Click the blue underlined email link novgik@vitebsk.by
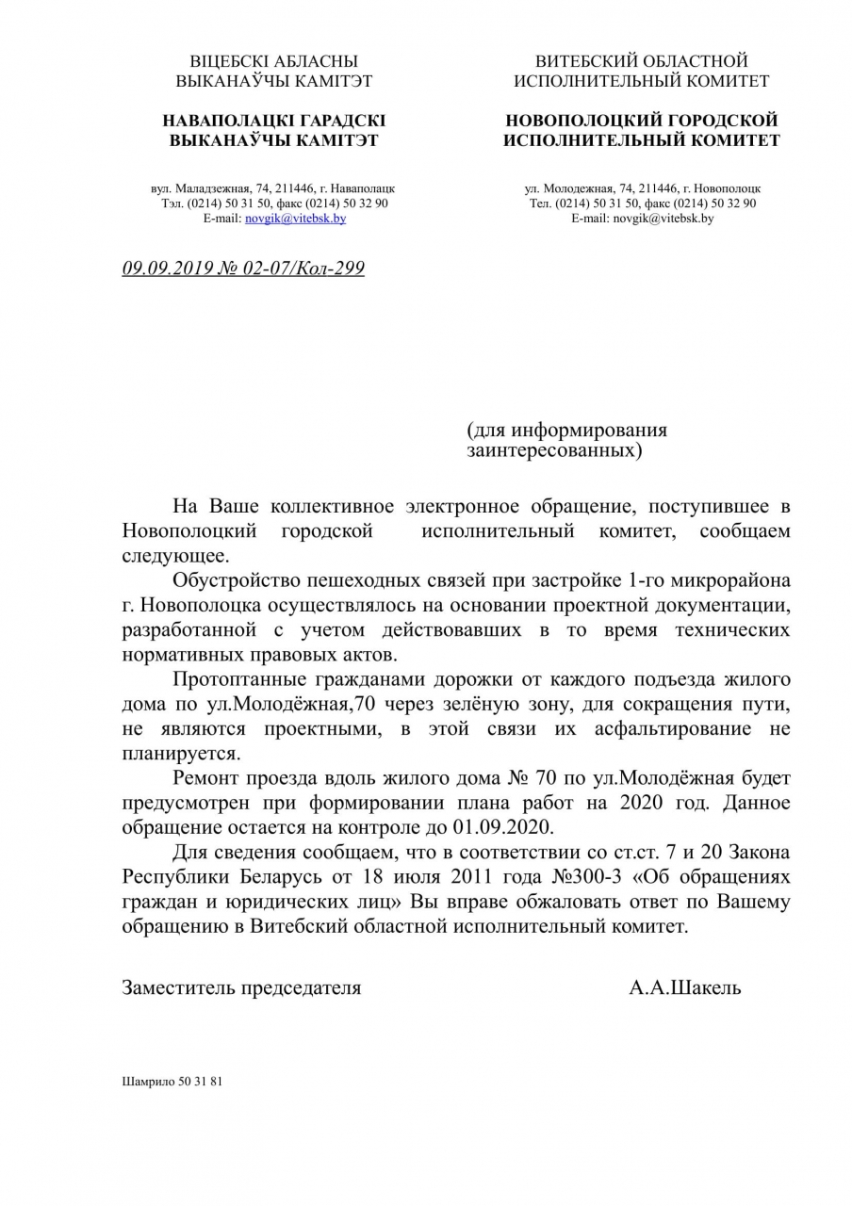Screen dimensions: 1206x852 pos(295,218)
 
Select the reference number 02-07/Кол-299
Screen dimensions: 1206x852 pos(304,269)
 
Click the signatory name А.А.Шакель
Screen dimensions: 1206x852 pos(685,987)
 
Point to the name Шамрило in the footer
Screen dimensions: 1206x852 pos(142,1081)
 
